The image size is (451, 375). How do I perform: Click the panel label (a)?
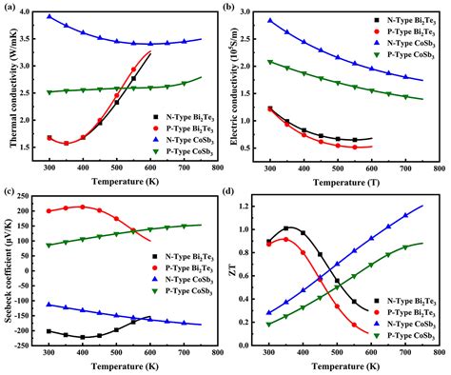(x=14, y=8)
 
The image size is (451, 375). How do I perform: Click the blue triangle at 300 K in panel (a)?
(x=49, y=16)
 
